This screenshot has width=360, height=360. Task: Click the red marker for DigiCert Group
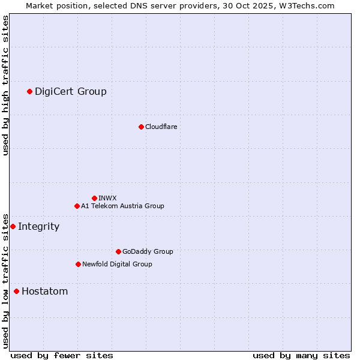point(29,91)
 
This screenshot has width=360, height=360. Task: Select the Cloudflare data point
point(141,127)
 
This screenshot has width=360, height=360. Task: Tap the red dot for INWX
point(94,198)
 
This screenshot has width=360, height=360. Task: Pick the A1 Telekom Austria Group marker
point(77,206)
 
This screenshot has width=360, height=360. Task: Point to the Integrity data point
point(13,226)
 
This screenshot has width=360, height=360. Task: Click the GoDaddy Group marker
point(118,251)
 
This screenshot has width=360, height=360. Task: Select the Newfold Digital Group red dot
point(78,264)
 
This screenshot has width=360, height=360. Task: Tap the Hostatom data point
point(16,292)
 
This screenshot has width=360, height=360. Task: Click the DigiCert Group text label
point(71,91)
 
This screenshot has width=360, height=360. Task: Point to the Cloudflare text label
point(161,127)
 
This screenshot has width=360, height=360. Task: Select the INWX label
point(107,198)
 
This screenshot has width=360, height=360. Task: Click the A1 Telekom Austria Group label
point(122,206)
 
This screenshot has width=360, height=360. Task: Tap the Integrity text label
point(38,226)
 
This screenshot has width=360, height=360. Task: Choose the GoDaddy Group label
point(148,251)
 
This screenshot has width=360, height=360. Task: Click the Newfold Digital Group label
point(117,264)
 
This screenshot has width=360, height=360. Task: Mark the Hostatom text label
point(44,292)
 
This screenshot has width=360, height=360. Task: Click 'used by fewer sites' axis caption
point(62,355)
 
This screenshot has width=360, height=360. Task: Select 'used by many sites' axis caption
point(301,355)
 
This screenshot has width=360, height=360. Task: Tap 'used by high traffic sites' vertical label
point(6,85)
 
